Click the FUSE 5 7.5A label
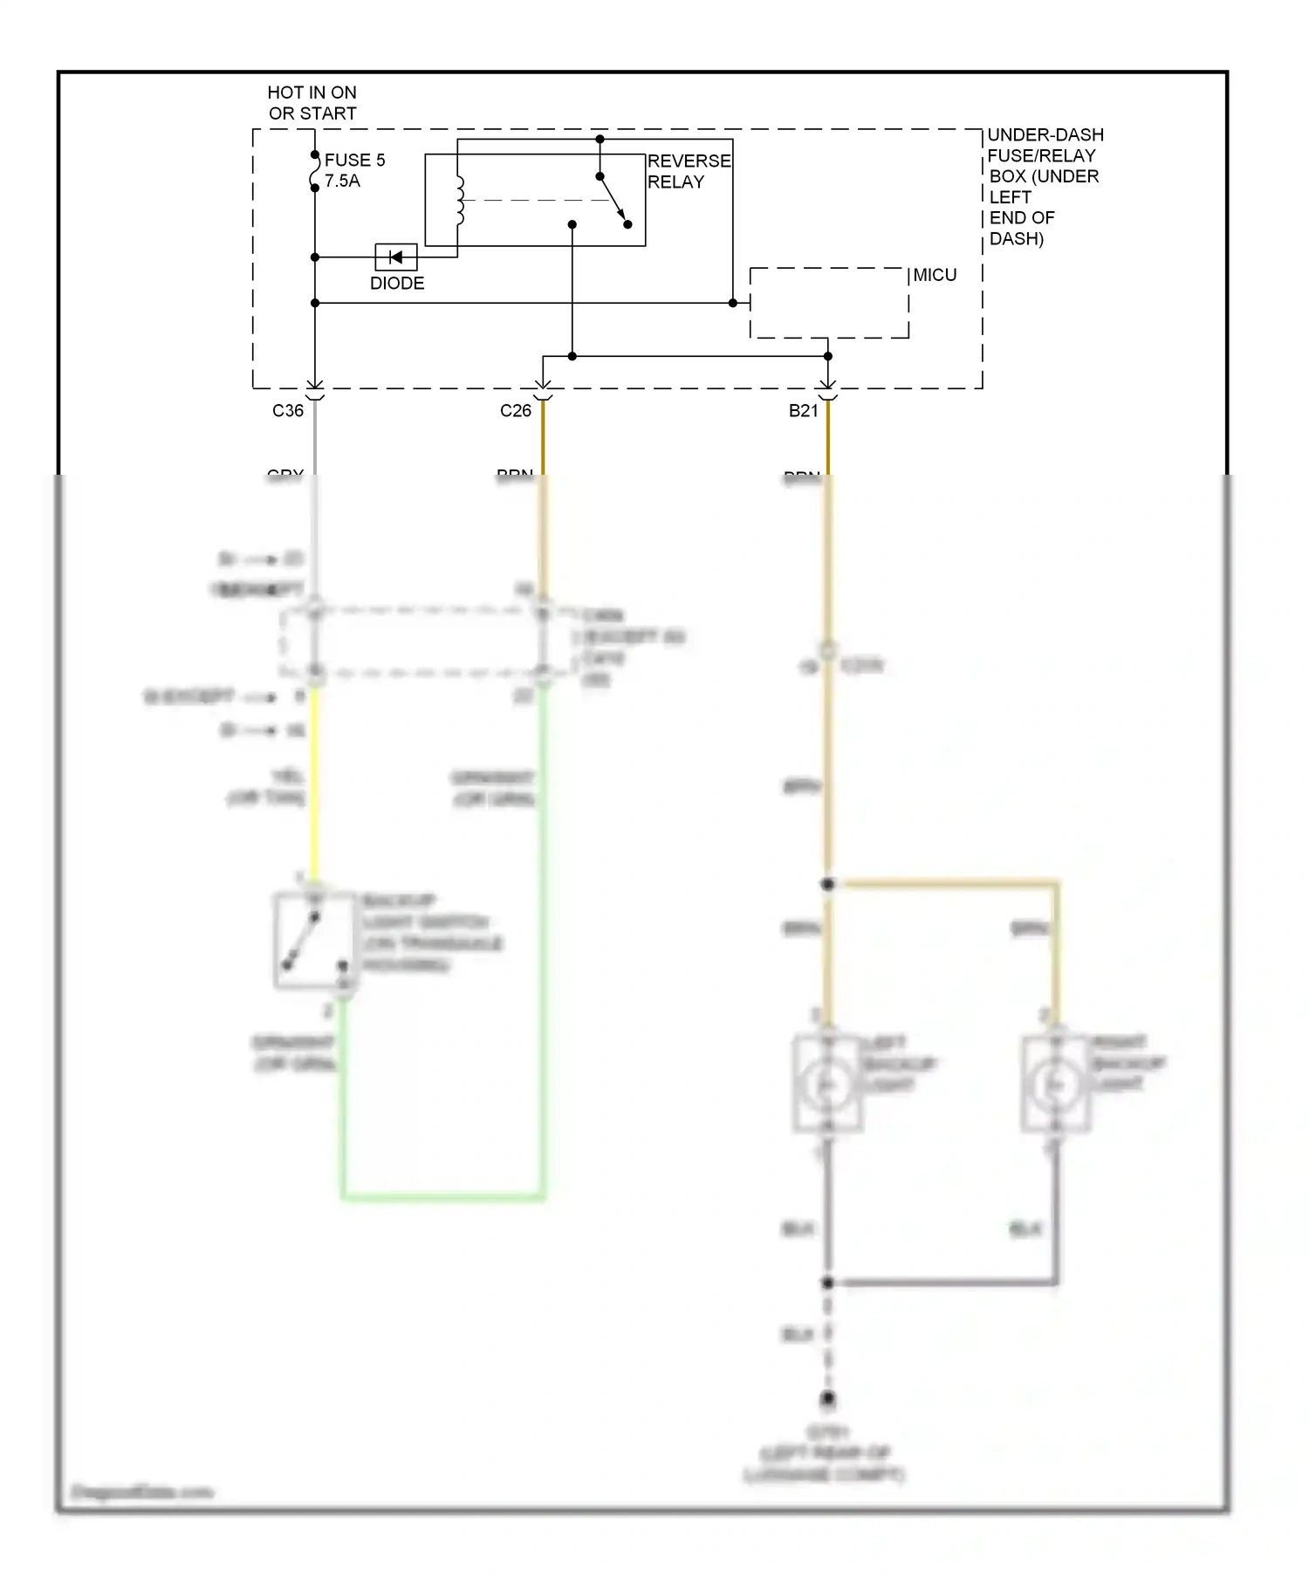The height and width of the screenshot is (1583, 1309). coord(354,170)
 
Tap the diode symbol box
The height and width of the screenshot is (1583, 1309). coord(395,257)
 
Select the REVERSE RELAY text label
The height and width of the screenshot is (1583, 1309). coord(689,171)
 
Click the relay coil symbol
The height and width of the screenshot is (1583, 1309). coord(460,201)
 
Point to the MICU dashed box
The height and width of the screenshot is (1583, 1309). coord(828,303)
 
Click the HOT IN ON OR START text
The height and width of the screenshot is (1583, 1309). coord(312,102)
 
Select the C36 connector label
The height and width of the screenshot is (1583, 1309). coord(288,411)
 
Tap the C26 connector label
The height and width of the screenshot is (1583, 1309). coord(515,411)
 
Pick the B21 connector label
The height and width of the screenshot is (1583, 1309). coord(803,411)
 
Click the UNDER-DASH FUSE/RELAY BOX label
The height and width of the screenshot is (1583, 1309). coord(1044,186)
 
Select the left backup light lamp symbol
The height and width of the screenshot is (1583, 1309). coord(827,1084)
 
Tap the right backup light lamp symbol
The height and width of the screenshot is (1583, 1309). coord(1056,1084)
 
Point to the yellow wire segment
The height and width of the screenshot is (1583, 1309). coord(314,785)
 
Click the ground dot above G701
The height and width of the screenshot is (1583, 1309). coord(827,1399)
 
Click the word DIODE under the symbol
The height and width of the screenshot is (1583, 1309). coord(397,284)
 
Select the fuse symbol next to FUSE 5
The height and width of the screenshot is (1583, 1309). coord(315,171)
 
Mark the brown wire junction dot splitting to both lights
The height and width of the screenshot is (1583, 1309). coord(827,884)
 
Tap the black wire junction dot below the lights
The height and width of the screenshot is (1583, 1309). coord(827,1283)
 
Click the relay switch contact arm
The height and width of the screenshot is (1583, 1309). coord(613,199)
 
